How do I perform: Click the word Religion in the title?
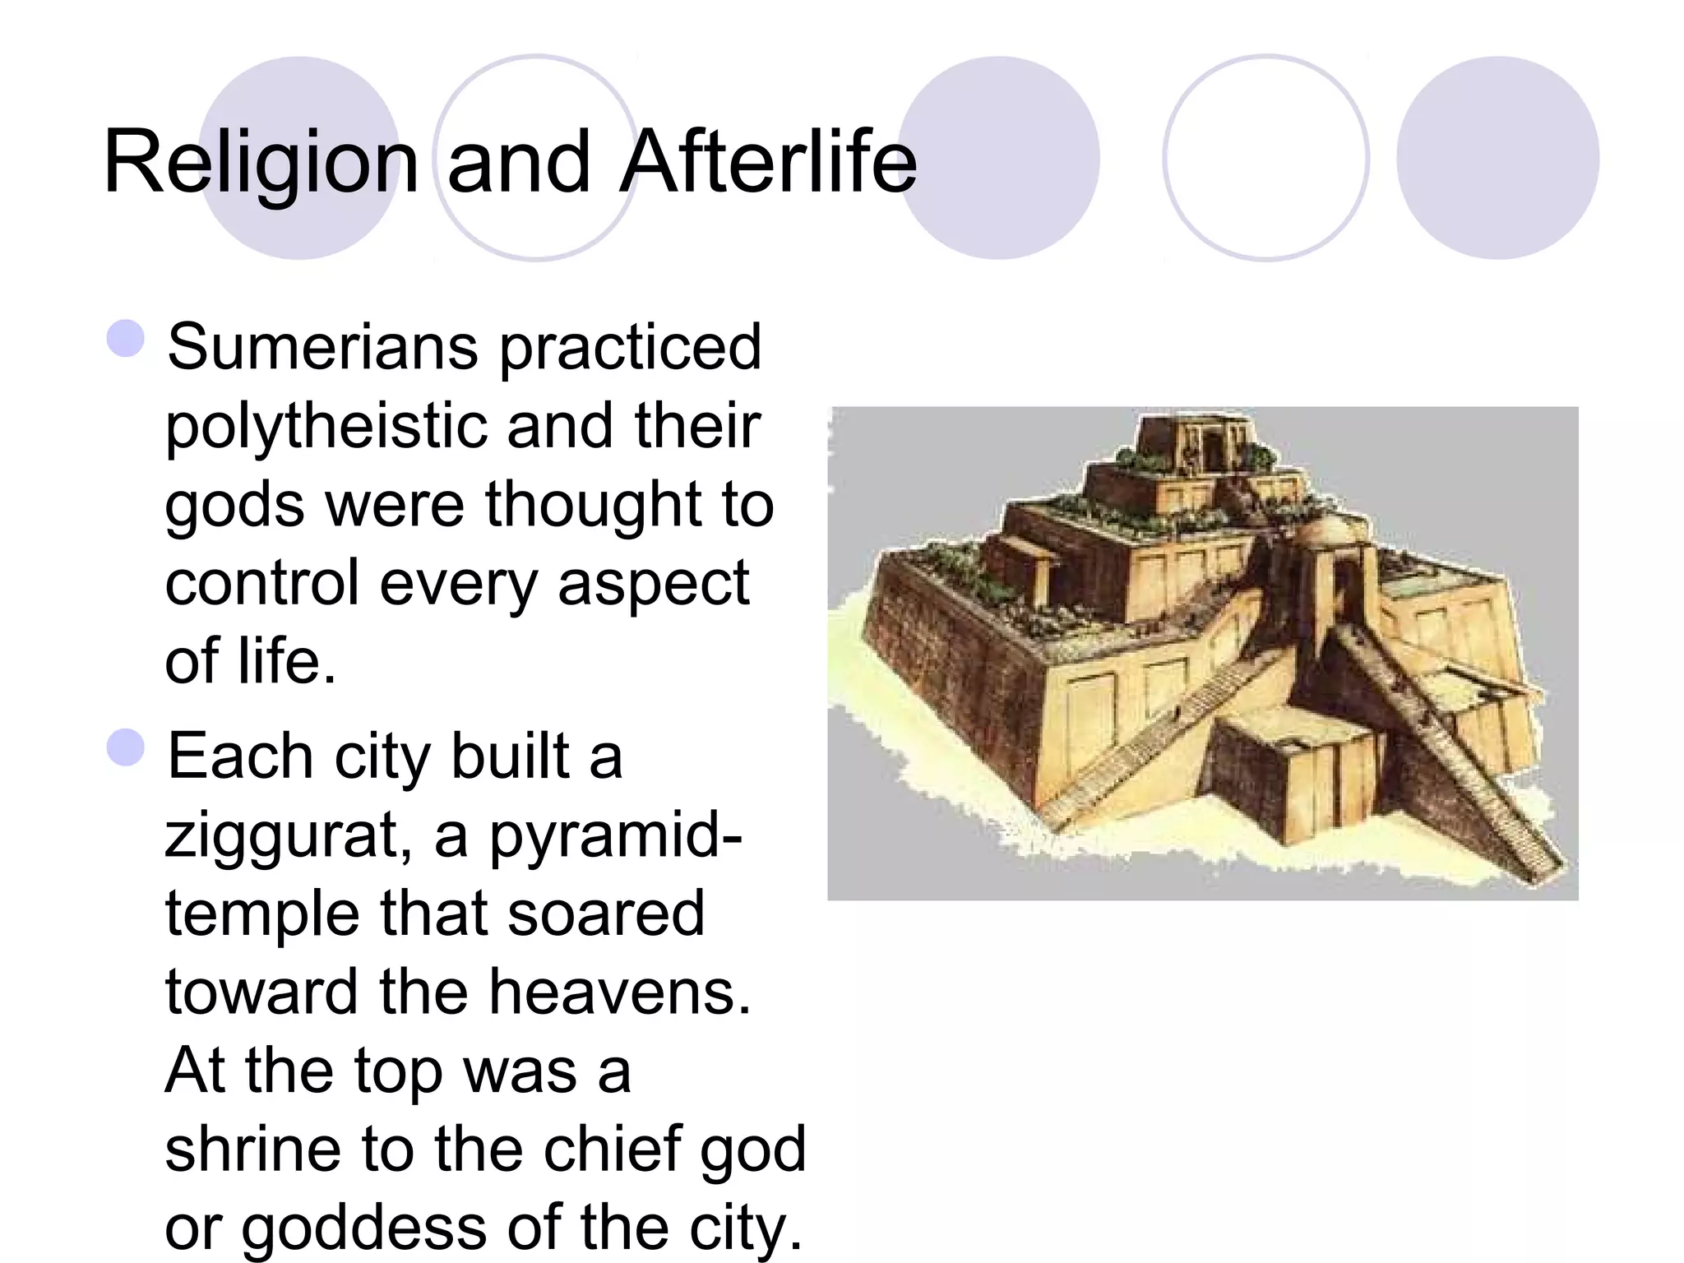(x=261, y=162)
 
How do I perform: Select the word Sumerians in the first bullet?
(x=322, y=347)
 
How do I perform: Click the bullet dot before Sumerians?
(x=126, y=338)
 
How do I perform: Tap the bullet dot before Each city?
(x=126, y=747)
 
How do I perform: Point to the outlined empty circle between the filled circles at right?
(x=1266, y=158)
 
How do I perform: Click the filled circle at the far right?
(x=1497, y=158)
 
